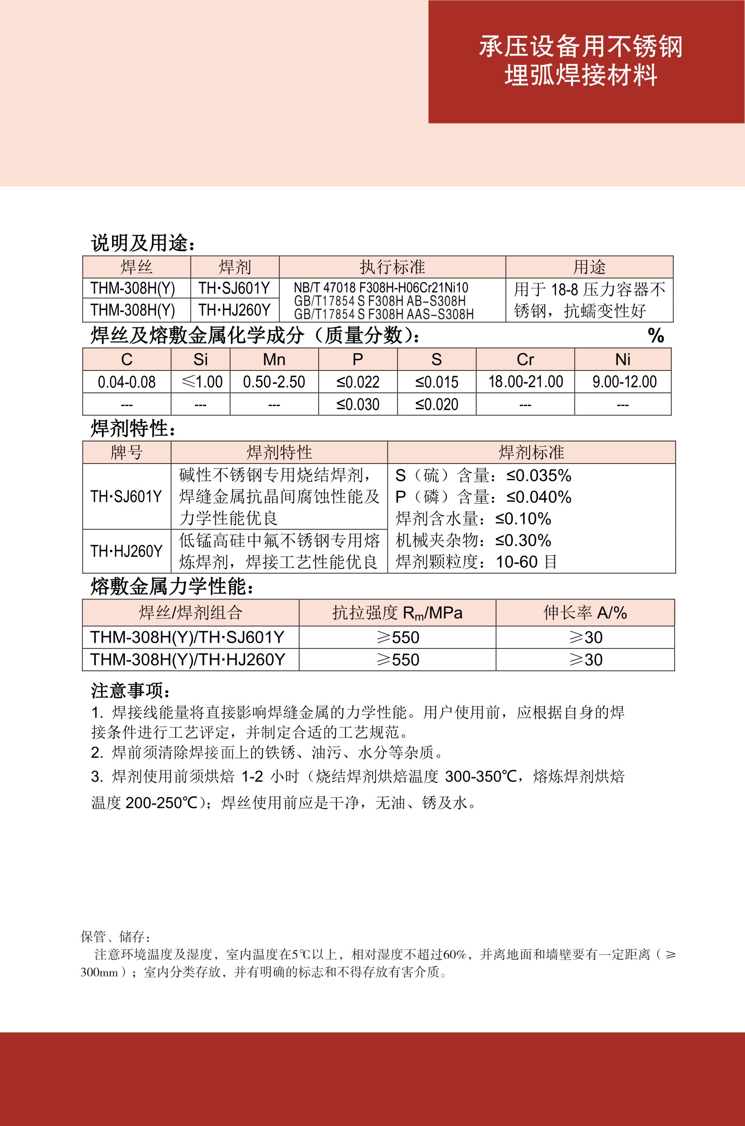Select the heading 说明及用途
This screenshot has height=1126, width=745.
(143, 243)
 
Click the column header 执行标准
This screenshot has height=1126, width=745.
(392, 267)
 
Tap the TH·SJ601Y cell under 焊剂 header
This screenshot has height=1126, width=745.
(234, 288)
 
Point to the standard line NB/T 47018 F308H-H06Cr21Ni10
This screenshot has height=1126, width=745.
(380, 288)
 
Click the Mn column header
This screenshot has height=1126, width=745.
(274, 360)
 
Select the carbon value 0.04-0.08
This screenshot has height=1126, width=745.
(126, 382)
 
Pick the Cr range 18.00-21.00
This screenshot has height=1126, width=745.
(525, 382)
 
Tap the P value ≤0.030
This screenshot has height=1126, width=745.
(358, 404)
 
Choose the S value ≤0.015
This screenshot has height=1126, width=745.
(436, 382)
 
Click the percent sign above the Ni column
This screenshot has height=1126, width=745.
(656, 336)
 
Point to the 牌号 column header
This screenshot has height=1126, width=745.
(126, 452)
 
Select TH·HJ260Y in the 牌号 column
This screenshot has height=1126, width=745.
(126, 551)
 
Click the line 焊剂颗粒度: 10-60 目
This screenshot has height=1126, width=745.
(476, 562)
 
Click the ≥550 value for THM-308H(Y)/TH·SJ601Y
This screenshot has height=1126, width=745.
(398, 637)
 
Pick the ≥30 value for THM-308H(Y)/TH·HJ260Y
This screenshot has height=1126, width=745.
(585, 660)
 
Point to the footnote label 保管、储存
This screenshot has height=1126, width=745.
(116, 937)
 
